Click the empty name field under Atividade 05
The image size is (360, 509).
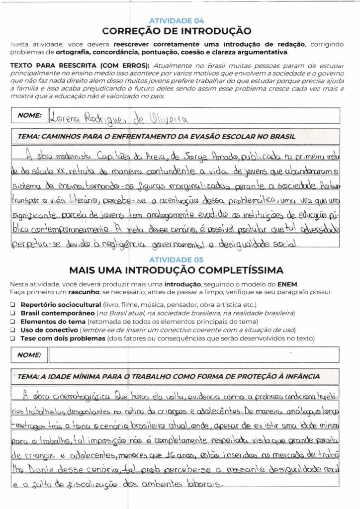(x=194, y=355)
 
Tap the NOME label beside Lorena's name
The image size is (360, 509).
(x=29, y=115)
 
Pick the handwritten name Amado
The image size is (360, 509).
(x=224, y=157)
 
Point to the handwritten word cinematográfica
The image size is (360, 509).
(x=79, y=396)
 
